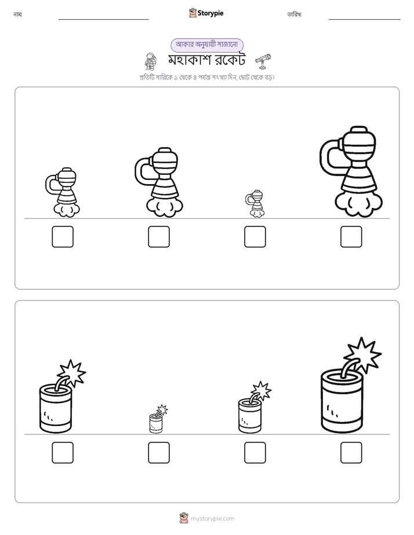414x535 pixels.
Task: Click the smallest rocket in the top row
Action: tap(255, 204)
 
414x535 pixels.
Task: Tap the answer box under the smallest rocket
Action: tap(255, 237)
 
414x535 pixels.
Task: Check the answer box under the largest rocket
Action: tap(351, 237)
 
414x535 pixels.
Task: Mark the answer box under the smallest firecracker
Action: tap(159, 453)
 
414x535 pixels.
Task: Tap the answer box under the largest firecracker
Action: tap(351, 453)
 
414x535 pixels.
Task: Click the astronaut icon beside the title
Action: tap(150, 61)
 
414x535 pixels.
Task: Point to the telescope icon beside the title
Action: tap(263, 61)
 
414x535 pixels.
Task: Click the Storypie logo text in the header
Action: tap(210, 13)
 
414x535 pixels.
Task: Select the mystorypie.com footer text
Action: tap(212, 519)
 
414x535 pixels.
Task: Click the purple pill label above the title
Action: tap(207, 45)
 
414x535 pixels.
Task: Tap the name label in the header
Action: tap(18, 14)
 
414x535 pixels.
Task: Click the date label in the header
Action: tap(295, 14)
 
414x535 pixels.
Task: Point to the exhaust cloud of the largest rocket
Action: tap(359, 204)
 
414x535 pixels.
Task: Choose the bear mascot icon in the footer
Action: tap(184, 518)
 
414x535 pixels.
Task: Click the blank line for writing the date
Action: tap(365, 20)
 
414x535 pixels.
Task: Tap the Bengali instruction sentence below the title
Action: tap(207, 78)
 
